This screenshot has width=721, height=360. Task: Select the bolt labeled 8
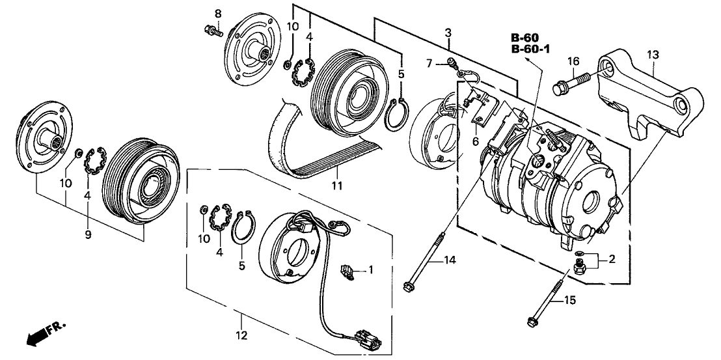(x=213, y=30)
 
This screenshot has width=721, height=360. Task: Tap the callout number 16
(x=573, y=62)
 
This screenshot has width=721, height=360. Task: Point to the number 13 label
(x=652, y=55)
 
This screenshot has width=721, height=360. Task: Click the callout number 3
(x=448, y=32)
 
